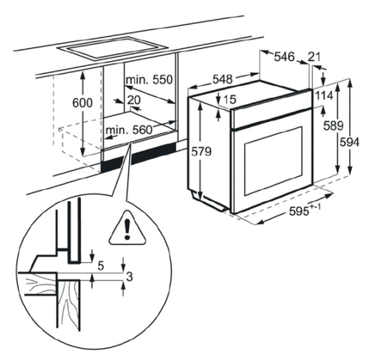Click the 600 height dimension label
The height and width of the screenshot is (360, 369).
82,103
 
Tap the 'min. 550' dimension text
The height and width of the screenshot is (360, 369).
149,80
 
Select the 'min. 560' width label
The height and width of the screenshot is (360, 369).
128,130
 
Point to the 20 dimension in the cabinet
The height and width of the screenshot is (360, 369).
134,100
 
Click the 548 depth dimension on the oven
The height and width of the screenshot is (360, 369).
223,79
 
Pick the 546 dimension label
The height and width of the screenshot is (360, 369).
284,57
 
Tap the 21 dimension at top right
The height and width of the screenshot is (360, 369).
314,57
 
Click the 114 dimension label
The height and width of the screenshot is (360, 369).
324,96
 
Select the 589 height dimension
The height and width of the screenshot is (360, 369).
334,125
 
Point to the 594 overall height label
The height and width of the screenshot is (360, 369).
350,142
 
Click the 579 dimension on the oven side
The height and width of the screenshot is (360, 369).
202,152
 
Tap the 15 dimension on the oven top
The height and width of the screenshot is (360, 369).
229,99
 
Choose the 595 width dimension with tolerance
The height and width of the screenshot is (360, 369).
304,210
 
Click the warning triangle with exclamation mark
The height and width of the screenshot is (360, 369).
127,228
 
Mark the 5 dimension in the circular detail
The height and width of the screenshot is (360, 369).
101,266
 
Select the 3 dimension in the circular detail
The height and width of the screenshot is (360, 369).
129,276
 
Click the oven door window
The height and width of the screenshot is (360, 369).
273,161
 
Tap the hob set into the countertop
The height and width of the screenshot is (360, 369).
112,48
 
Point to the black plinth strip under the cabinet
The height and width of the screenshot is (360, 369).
139,157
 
